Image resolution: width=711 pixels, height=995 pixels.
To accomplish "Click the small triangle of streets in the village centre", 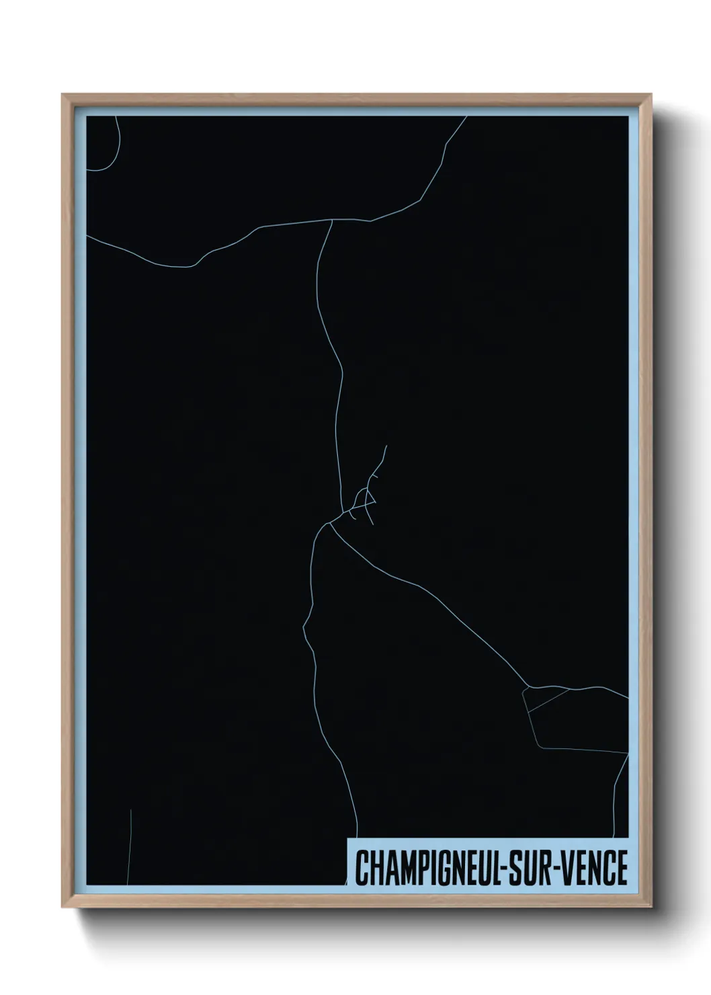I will [366, 498].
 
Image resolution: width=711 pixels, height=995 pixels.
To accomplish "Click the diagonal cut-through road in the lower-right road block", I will [548, 700].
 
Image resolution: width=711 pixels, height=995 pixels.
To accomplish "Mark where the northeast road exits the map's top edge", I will [467, 117].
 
